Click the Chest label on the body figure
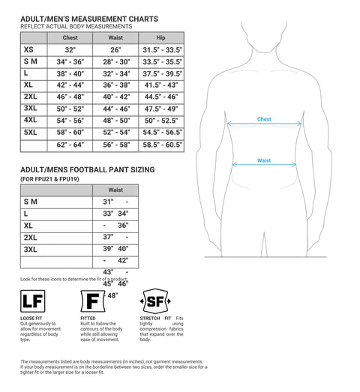pos(264,119)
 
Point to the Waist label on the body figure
pos(264,160)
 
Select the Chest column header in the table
pos(70,37)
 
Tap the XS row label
pos(28,49)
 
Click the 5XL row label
pos(30,132)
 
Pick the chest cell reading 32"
pos(70,49)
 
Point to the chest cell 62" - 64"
pos(70,144)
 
